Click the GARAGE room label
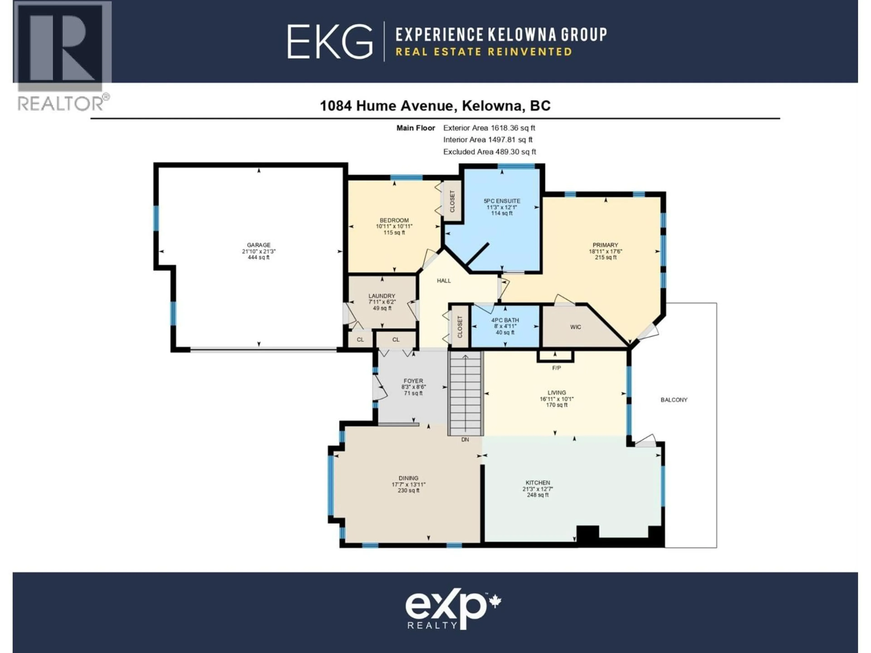(x=259, y=245)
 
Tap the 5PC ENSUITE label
(x=502, y=201)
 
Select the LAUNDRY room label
(x=382, y=296)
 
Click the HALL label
(x=444, y=281)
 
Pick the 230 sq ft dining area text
(x=408, y=490)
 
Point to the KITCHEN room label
(x=538, y=482)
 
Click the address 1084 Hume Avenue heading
(x=435, y=105)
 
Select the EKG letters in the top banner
(x=330, y=41)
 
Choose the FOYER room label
(x=413, y=381)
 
